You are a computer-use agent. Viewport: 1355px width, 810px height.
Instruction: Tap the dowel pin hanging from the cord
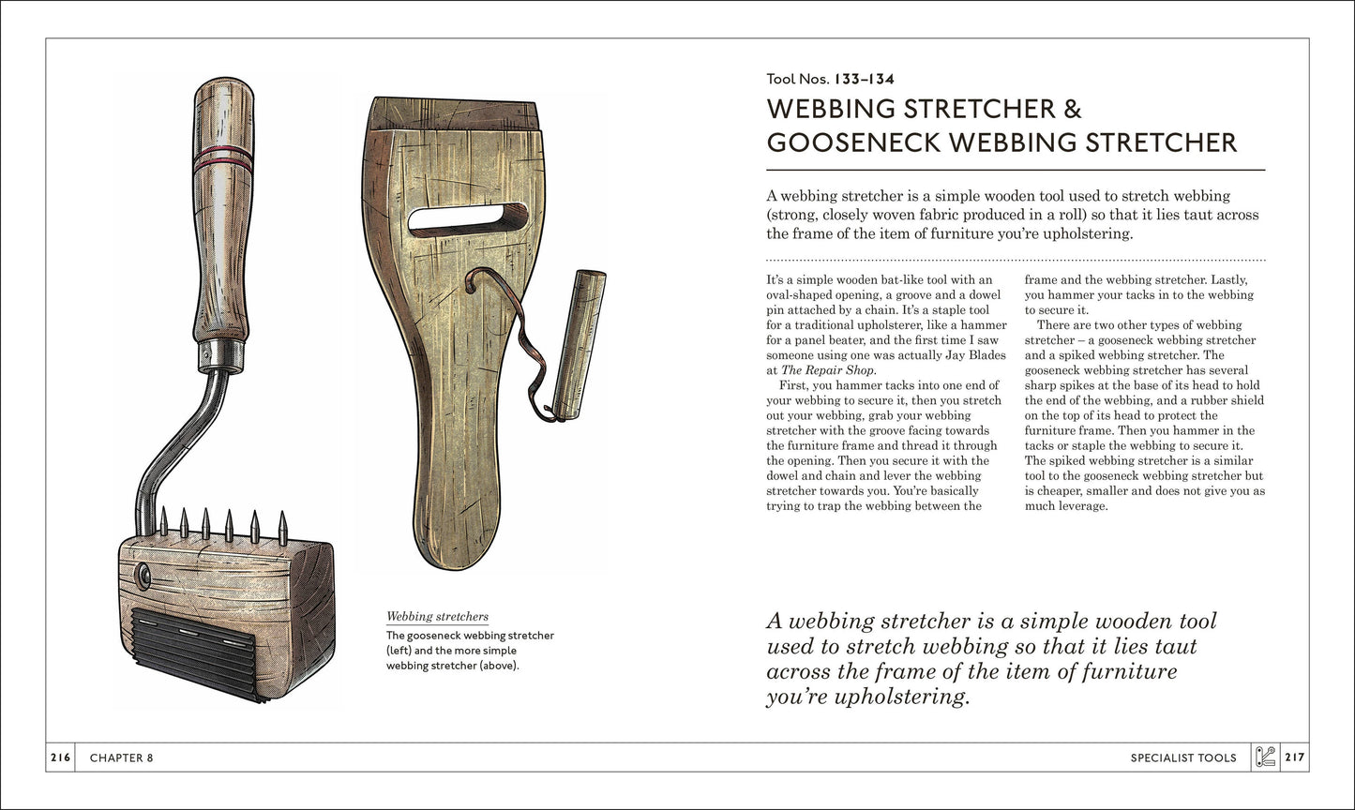pyautogui.click(x=579, y=344)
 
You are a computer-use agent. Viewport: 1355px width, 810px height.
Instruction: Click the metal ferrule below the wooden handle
pyautogui.click(x=221, y=355)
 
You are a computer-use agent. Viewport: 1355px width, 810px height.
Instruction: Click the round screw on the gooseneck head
pyautogui.click(x=143, y=576)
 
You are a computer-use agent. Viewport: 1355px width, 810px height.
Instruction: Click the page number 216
pyautogui.click(x=59, y=757)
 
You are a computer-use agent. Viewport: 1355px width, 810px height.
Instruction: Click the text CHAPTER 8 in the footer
pyautogui.click(x=121, y=757)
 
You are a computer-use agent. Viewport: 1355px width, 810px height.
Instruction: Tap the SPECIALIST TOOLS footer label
pyautogui.click(x=1182, y=757)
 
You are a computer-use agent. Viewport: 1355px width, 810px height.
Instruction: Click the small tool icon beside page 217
pyautogui.click(x=1265, y=757)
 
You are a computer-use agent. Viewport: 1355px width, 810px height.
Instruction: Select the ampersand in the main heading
pyautogui.click(x=1071, y=109)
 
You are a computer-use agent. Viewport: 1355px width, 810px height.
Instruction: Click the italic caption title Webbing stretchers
pyautogui.click(x=437, y=616)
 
